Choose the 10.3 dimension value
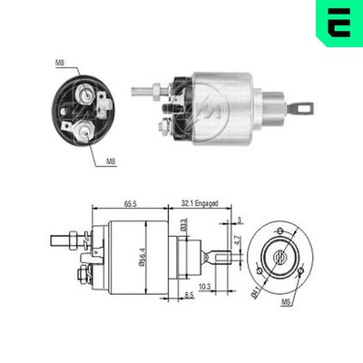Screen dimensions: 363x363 206,287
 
